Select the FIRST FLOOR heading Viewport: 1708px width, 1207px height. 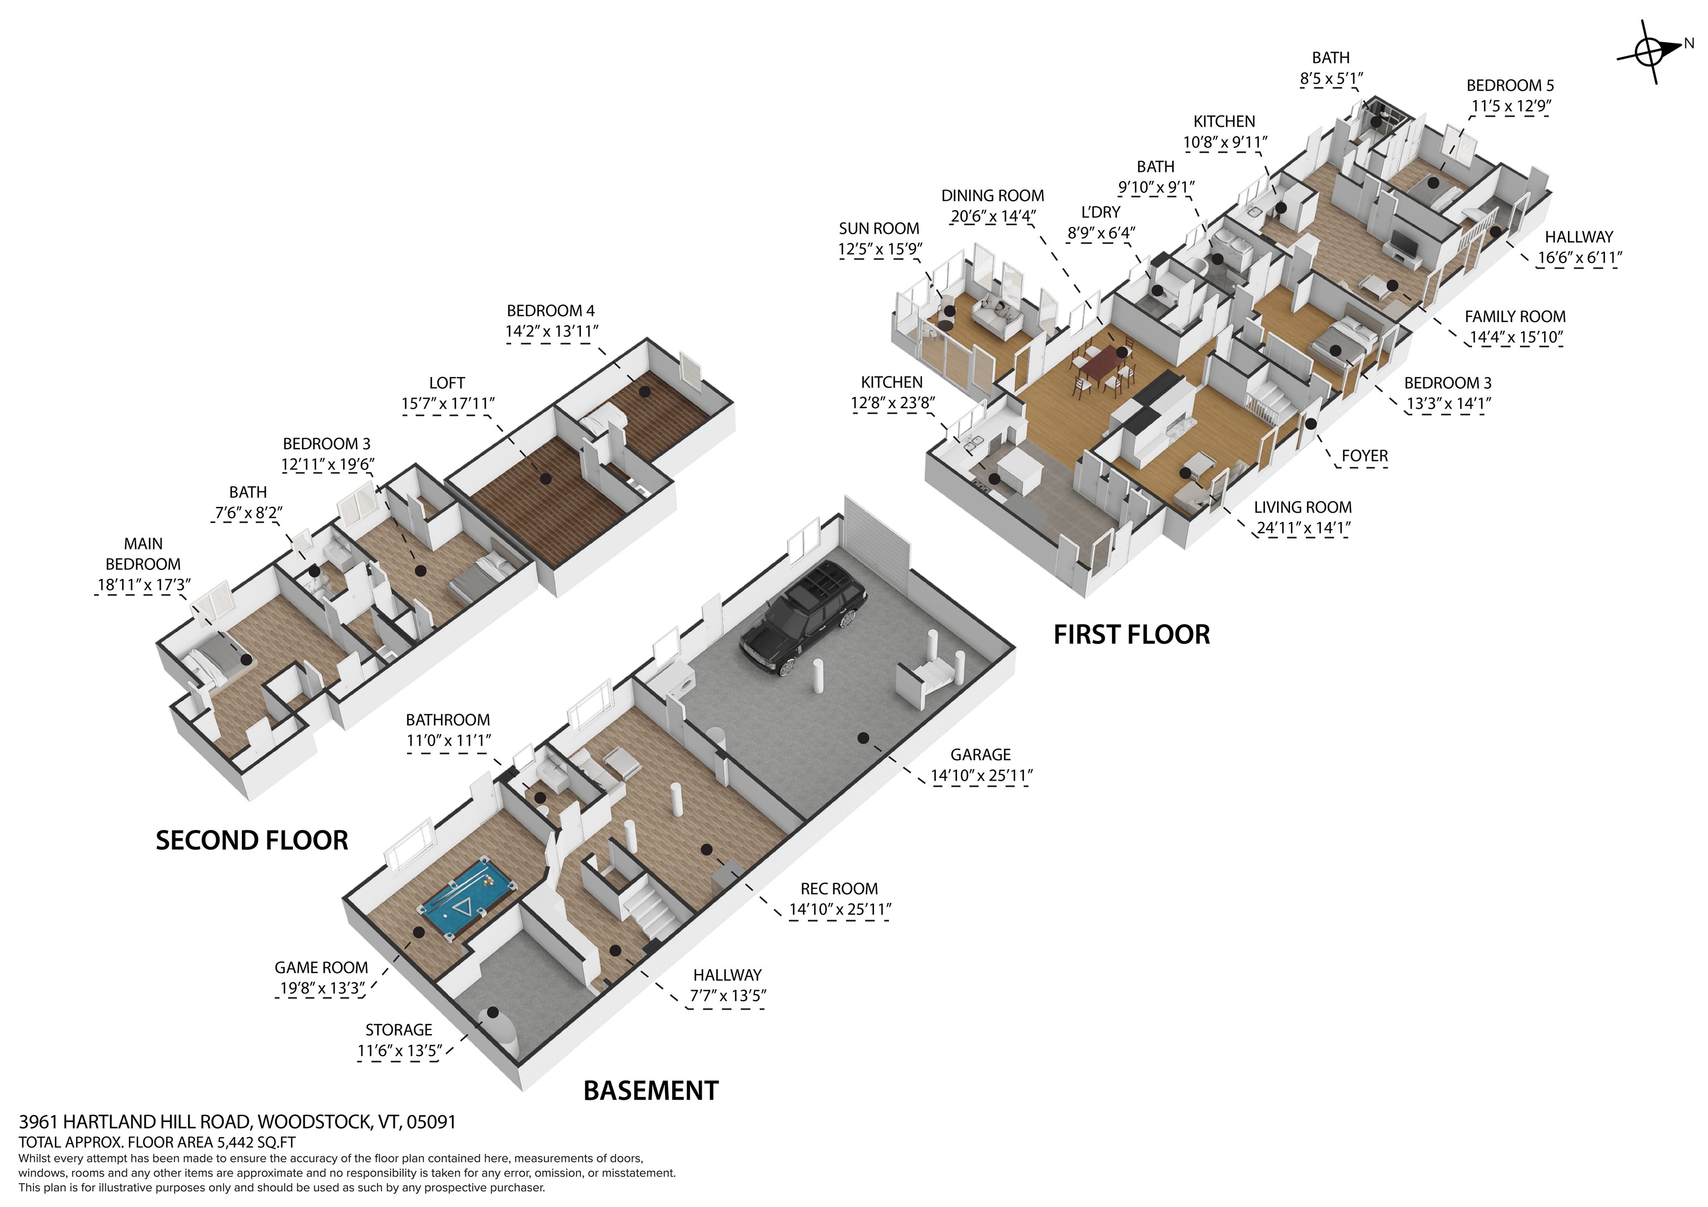1131,635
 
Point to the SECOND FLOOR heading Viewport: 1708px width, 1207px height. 251,841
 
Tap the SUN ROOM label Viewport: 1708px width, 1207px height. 878,229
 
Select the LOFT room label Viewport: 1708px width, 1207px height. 446,383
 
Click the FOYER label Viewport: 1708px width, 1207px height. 1364,456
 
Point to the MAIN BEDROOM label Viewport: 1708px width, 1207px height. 143,554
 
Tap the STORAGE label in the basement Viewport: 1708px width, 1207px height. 399,1030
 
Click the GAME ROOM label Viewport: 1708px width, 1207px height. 321,967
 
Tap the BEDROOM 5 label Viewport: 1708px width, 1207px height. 1510,86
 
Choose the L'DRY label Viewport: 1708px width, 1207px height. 1100,213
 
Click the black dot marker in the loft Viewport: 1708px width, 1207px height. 546,480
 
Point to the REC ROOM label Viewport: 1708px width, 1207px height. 839,888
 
